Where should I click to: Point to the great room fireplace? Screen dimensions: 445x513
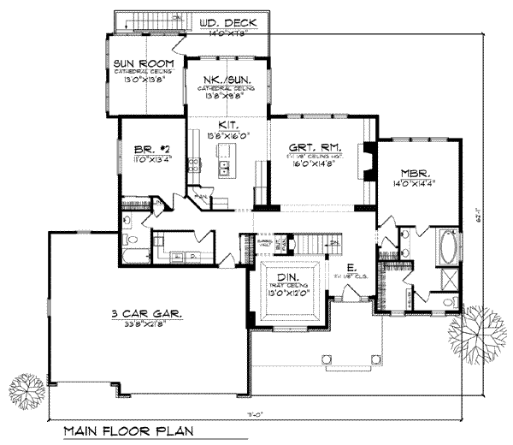[x=368, y=162]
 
